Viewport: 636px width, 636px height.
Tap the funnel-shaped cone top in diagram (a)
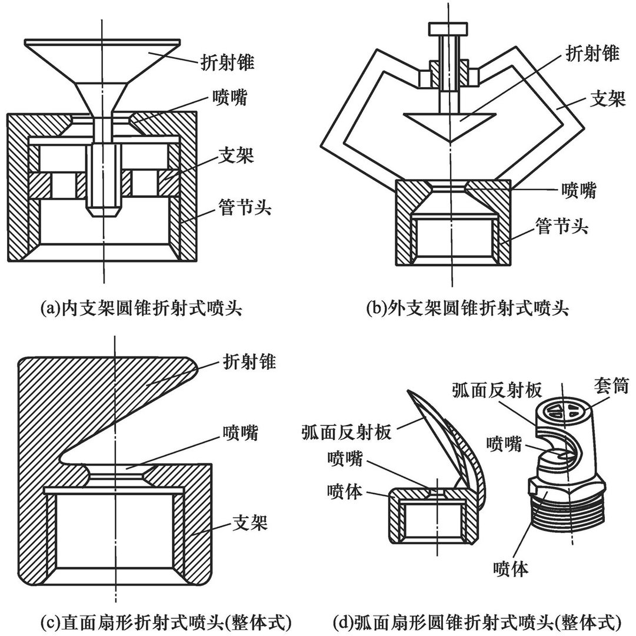103,59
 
